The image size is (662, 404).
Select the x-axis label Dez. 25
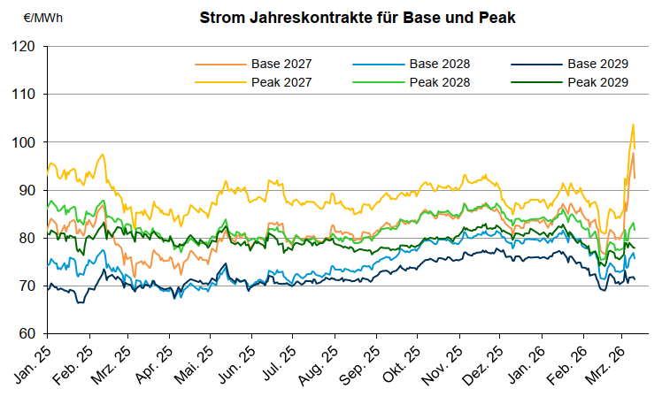pyautogui.click(x=486, y=362)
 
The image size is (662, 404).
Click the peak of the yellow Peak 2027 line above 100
pyautogui.click(x=633, y=125)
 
